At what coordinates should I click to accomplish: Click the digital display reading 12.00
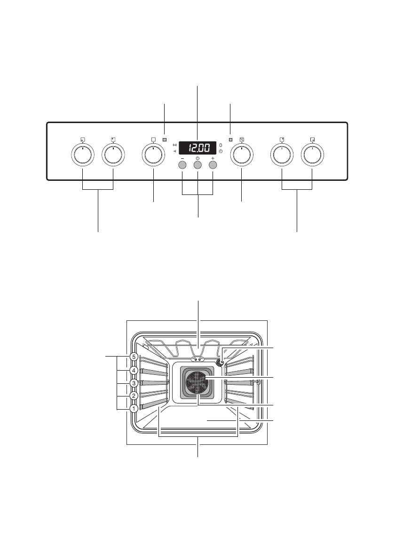[x=197, y=148]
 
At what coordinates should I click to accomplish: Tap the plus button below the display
[x=213, y=165]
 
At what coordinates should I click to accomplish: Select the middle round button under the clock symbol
[x=197, y=165]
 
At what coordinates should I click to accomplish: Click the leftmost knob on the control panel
[x=83, y=155]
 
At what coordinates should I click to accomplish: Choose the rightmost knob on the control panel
[x=312, y=155]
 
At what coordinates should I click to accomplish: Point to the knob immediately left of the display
[x=153, y=155]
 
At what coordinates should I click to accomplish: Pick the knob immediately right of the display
[x=242, y=155]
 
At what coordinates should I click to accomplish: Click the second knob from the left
[x=113, y=155]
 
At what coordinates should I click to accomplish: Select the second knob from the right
[x=282, y=155]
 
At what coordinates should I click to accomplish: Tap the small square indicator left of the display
[x=165, y=140]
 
